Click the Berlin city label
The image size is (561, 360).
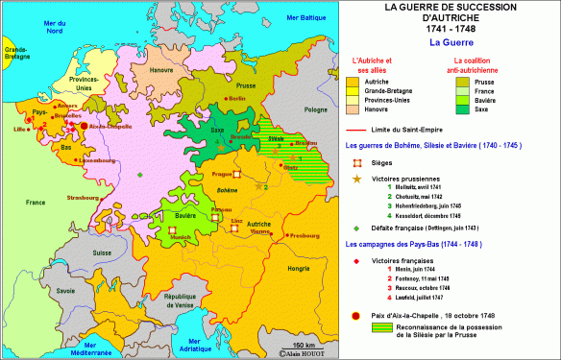pos(237,99)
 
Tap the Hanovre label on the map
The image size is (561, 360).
pos(162,70)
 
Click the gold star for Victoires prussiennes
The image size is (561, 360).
pos(357,180)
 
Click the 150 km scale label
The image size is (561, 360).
pos(305,345)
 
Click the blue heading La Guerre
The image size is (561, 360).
pos(450,41)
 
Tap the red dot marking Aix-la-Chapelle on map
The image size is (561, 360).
pos(83,126)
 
